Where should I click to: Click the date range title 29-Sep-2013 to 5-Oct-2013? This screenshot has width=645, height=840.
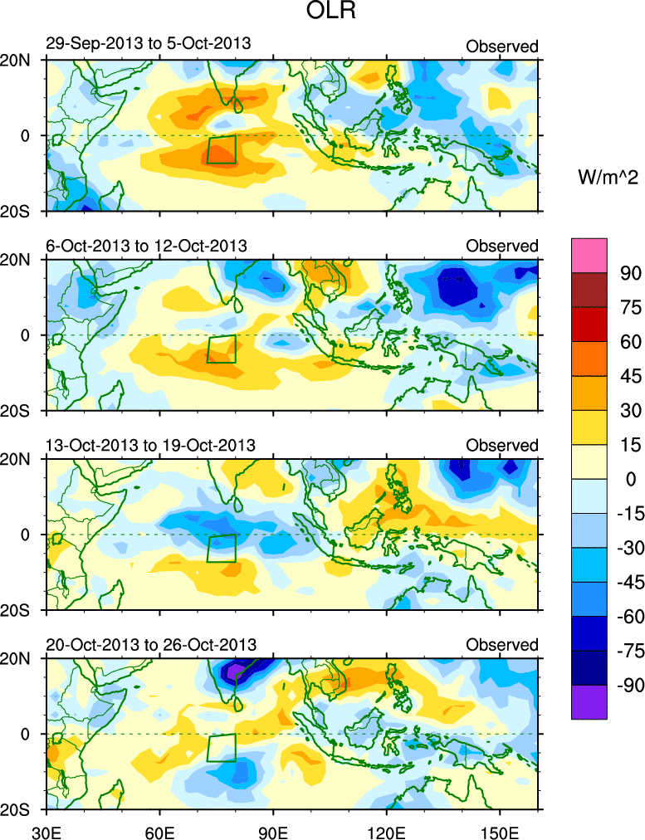(149, 44)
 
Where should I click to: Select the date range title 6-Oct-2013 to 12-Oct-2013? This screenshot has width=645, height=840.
(147, 246)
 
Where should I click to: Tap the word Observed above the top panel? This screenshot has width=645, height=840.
(501, 46)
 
